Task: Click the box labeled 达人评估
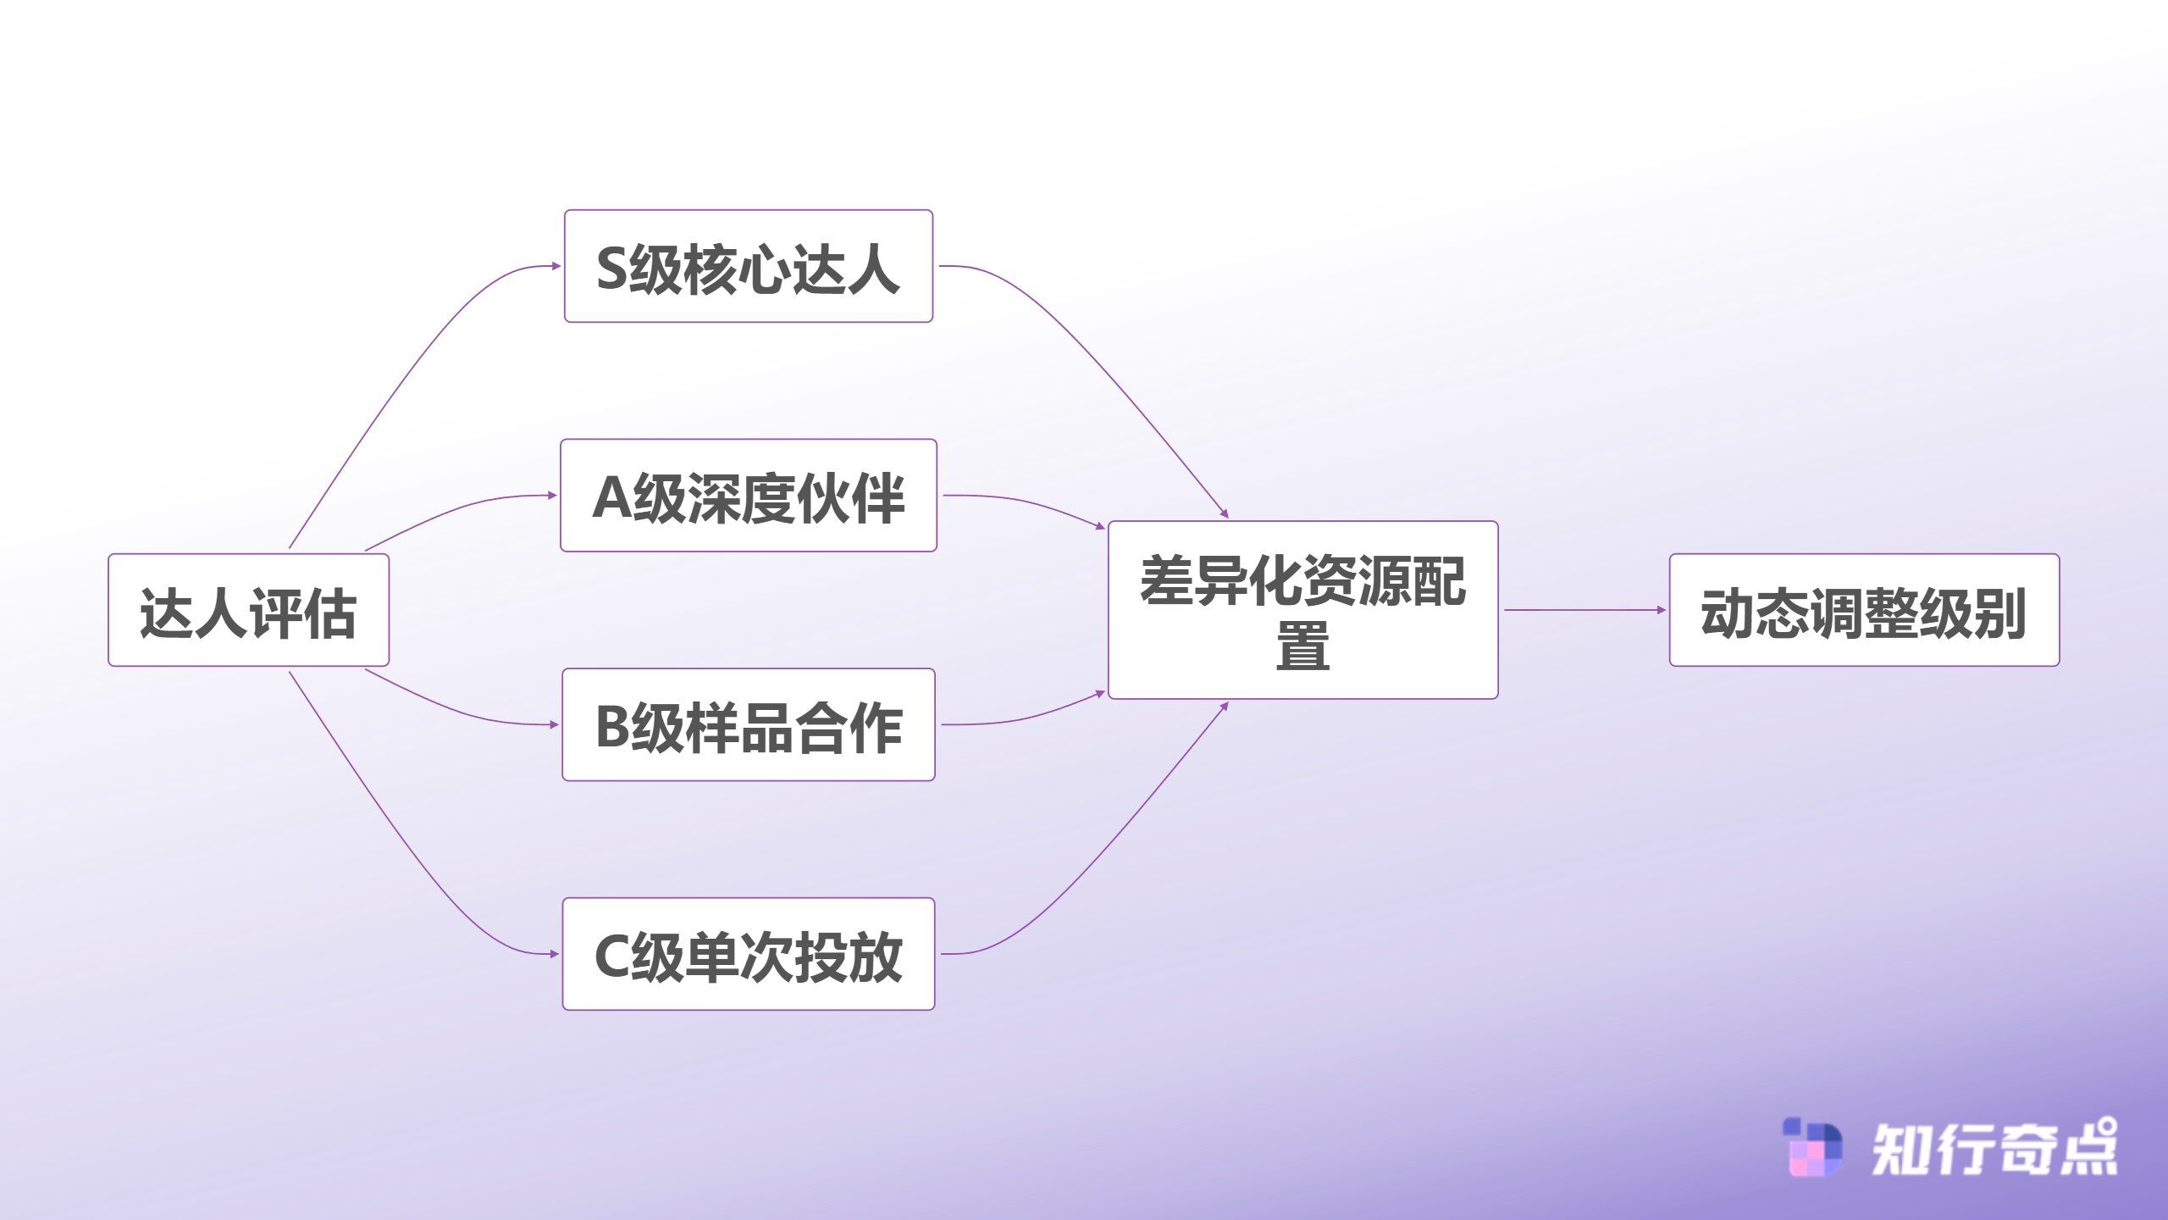(x=248, y=610)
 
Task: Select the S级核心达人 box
(x=749, y=266)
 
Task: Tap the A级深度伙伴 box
(x=749, y=496)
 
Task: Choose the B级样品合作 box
(x=749, y=724)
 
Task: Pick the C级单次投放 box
(x=749, y=954)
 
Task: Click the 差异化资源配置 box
(x=1302, y=610)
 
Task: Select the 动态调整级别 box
(x=1863, y=610)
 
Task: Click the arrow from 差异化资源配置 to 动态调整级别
(x=1584, y=610)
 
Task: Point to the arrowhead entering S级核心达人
(x=556, y=266)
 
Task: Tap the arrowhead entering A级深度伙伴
(x=552, y=496)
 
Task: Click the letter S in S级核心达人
(x=611, y=269)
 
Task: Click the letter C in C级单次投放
(x=611, y=957)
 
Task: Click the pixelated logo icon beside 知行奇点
(x=1812, y=1148)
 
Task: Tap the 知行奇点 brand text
(x=1994, y=1150)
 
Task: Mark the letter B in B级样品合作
(x=611, y=727)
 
